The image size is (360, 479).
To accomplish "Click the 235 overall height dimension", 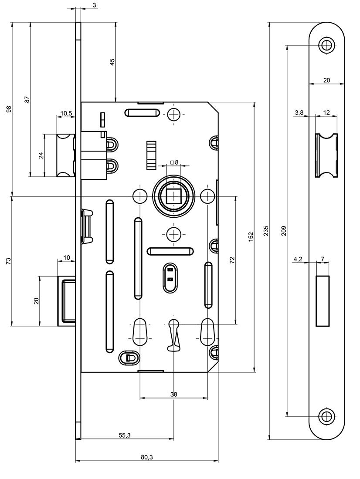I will click(x=266, y=231).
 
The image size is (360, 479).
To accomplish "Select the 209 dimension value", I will click(x=284, y=230).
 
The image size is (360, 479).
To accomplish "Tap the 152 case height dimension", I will click(x=251, y=237).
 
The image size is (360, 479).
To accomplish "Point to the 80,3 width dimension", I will click(x=146, y=457).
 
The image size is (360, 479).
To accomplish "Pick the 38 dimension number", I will click(x=173, y=394).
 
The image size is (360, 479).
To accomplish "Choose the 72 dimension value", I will click(x=232, y=260).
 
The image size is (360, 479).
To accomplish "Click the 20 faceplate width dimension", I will click(x=326, y=80).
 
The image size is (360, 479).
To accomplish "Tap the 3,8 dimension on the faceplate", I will click(x=299, y=112).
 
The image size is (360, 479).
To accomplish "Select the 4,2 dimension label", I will click(x=298, y=259).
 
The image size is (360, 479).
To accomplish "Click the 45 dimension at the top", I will click(x=112, y=62).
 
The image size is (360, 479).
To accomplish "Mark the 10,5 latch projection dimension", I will click(x=66, y=113).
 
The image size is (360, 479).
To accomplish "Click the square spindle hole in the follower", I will click(x=173, y=196).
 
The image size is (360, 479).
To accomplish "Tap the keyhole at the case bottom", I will click(x=173, y=334).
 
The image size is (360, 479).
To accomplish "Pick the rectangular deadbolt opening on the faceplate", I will click(x=323, y=300).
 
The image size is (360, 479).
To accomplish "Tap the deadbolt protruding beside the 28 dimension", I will click(x=68, y=300).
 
